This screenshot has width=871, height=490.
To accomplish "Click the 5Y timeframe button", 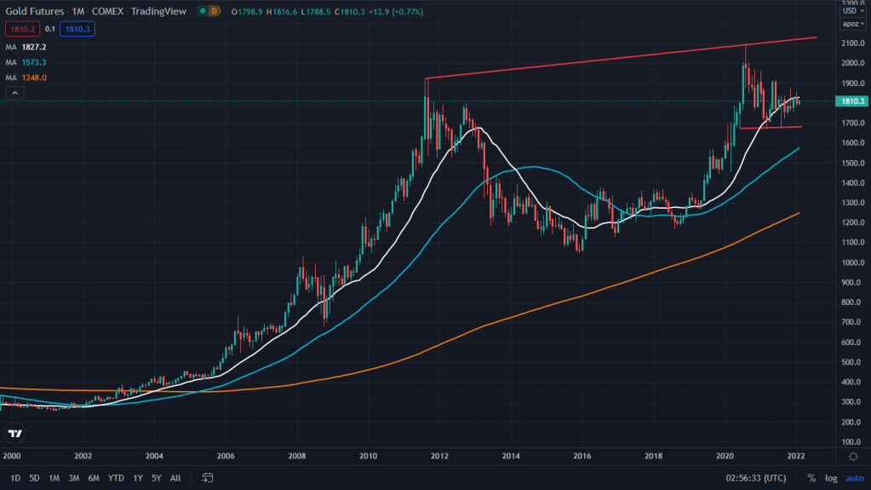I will click(x=157, y=478).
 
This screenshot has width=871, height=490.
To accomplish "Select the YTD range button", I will click(x=117, y=478).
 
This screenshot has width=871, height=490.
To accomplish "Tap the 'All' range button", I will click(x=175, y=478).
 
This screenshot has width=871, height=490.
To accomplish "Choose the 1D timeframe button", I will click(x=15, y=478).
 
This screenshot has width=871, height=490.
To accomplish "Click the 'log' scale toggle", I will click(x=831, y=478).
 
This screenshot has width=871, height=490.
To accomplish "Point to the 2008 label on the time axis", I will click(x=297, y=456).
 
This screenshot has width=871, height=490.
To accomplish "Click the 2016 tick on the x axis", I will click(x=582, y=456).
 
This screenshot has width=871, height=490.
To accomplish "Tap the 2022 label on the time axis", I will click(x=797, y=456).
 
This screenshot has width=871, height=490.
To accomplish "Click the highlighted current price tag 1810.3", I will click(x=852, y=101).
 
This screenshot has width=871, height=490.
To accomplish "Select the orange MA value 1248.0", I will click(x=35, y=78).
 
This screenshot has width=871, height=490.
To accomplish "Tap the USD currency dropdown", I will click(x=851, y=10).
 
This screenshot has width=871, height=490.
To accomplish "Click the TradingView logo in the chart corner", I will click(x=14, y=434).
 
